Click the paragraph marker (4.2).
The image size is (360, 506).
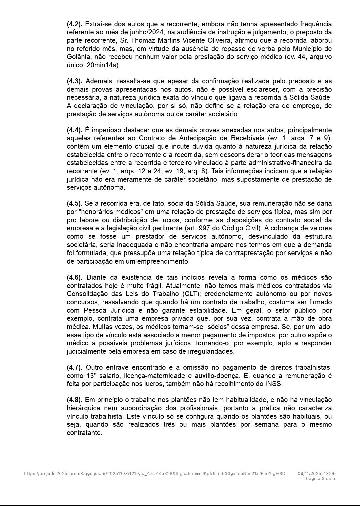75,24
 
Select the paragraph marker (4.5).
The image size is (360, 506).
75,203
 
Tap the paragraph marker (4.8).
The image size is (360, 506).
75,400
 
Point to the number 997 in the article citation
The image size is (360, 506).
205,228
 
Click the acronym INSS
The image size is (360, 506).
273,384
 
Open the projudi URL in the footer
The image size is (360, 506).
155,473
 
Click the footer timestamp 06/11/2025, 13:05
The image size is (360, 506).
316,473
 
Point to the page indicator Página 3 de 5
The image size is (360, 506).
320,478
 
